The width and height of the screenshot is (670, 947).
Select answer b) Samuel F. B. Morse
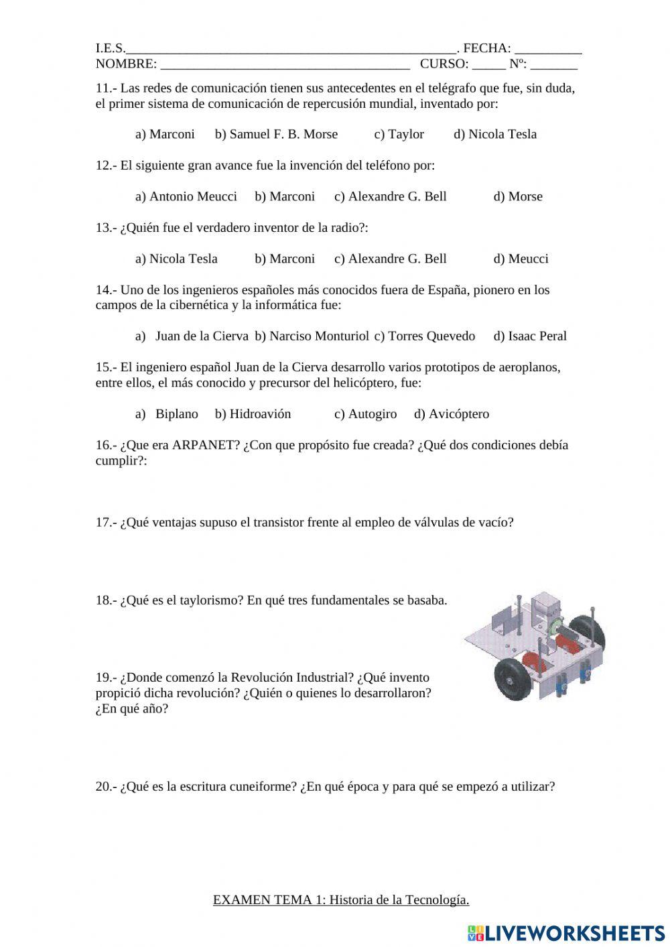pyautogui.click(x=276, y=134)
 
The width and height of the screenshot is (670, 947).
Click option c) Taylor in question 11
pyautogui.click(x=399, y=134)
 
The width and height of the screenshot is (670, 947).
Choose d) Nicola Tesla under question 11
pyautogui.click(x=495, y=134)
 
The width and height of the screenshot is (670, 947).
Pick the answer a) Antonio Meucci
pyautogui.click(x=186, y=196)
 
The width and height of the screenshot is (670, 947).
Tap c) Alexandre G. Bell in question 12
pyautogui.click(x=390, y=196)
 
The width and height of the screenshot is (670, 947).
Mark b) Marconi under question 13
pyautogui.click(x=284, y=259)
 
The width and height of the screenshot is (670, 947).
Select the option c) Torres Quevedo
pyautogui.click(x=424, y=336)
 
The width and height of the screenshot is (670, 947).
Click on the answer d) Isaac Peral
pyautogui.click(x=530, y=336)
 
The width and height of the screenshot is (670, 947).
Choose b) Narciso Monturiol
pyautogui.click(x=312, y=336)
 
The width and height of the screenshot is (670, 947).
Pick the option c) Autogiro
pyautogui.click(x=365, y=414)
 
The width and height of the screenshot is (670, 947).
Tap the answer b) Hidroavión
pyautogui.click(x=253, y=414)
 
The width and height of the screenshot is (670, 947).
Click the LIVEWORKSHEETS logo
pyautogui.click(x=566, y=932)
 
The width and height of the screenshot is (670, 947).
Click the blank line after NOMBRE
pyautogui.click(x=285, y=65)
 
